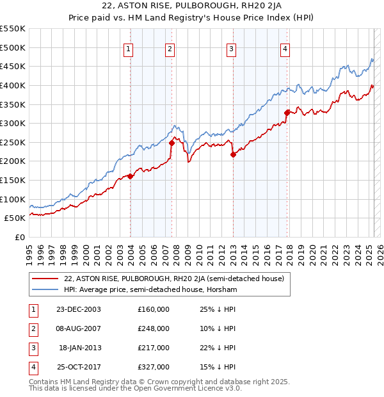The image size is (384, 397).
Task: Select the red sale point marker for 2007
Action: [172, 143]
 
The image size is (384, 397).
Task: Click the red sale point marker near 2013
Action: [233, 154]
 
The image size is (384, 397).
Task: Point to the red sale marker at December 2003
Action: [131, 176]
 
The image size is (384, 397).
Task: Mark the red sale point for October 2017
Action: [287, 113]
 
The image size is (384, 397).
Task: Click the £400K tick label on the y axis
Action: [13, 85]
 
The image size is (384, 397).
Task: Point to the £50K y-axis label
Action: [15, 218]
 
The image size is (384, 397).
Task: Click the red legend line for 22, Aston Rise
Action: [45, 278]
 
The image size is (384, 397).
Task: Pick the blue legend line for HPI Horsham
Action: [45, 289]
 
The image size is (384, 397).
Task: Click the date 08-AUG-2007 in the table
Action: [78, 328]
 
